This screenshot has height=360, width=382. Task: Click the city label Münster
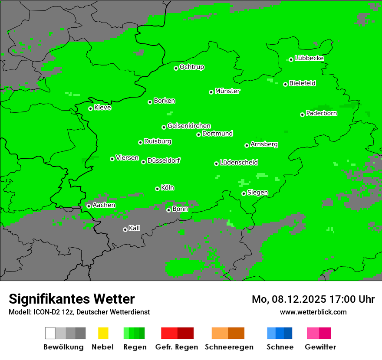[x=227, y=91]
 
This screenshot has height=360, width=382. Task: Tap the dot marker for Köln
[x=157, y=189]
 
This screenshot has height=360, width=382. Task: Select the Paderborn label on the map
[x=322, y=114]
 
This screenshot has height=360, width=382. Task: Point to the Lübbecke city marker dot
[x=291, y=59]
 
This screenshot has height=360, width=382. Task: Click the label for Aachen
[x=104, y=205]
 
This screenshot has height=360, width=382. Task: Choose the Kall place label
[x=135, y=228]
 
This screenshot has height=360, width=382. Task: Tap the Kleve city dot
[x=90, y=108]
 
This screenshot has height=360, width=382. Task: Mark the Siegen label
[x=257, y=193]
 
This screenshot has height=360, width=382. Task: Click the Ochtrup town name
[x=192, y=67]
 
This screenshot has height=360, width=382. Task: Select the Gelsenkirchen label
[x=189, y=126]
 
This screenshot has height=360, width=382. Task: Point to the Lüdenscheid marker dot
[x=216, y=164]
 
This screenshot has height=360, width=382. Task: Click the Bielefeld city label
[x=303, y=83]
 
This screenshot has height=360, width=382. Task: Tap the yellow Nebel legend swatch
[x=103, y=333]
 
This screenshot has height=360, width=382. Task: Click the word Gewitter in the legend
[x=320, y=347]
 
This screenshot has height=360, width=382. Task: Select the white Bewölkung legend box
[x=50, y=333]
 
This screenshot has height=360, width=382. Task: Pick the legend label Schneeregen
[x=228, y=347]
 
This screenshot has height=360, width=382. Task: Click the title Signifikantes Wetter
[x=72, y=299]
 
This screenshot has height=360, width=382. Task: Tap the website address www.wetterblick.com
[x=313, y=312]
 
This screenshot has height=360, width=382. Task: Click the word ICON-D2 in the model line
[x=46, y=312]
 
